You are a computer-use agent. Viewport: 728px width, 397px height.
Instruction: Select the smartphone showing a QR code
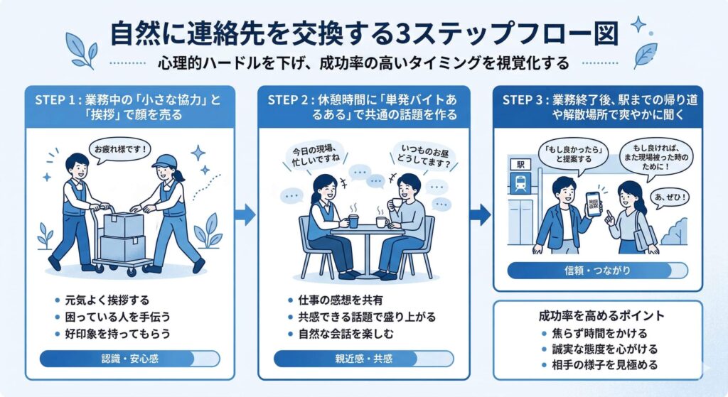pos(593,205)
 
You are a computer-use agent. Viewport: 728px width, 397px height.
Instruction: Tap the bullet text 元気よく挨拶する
pos(106,299)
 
